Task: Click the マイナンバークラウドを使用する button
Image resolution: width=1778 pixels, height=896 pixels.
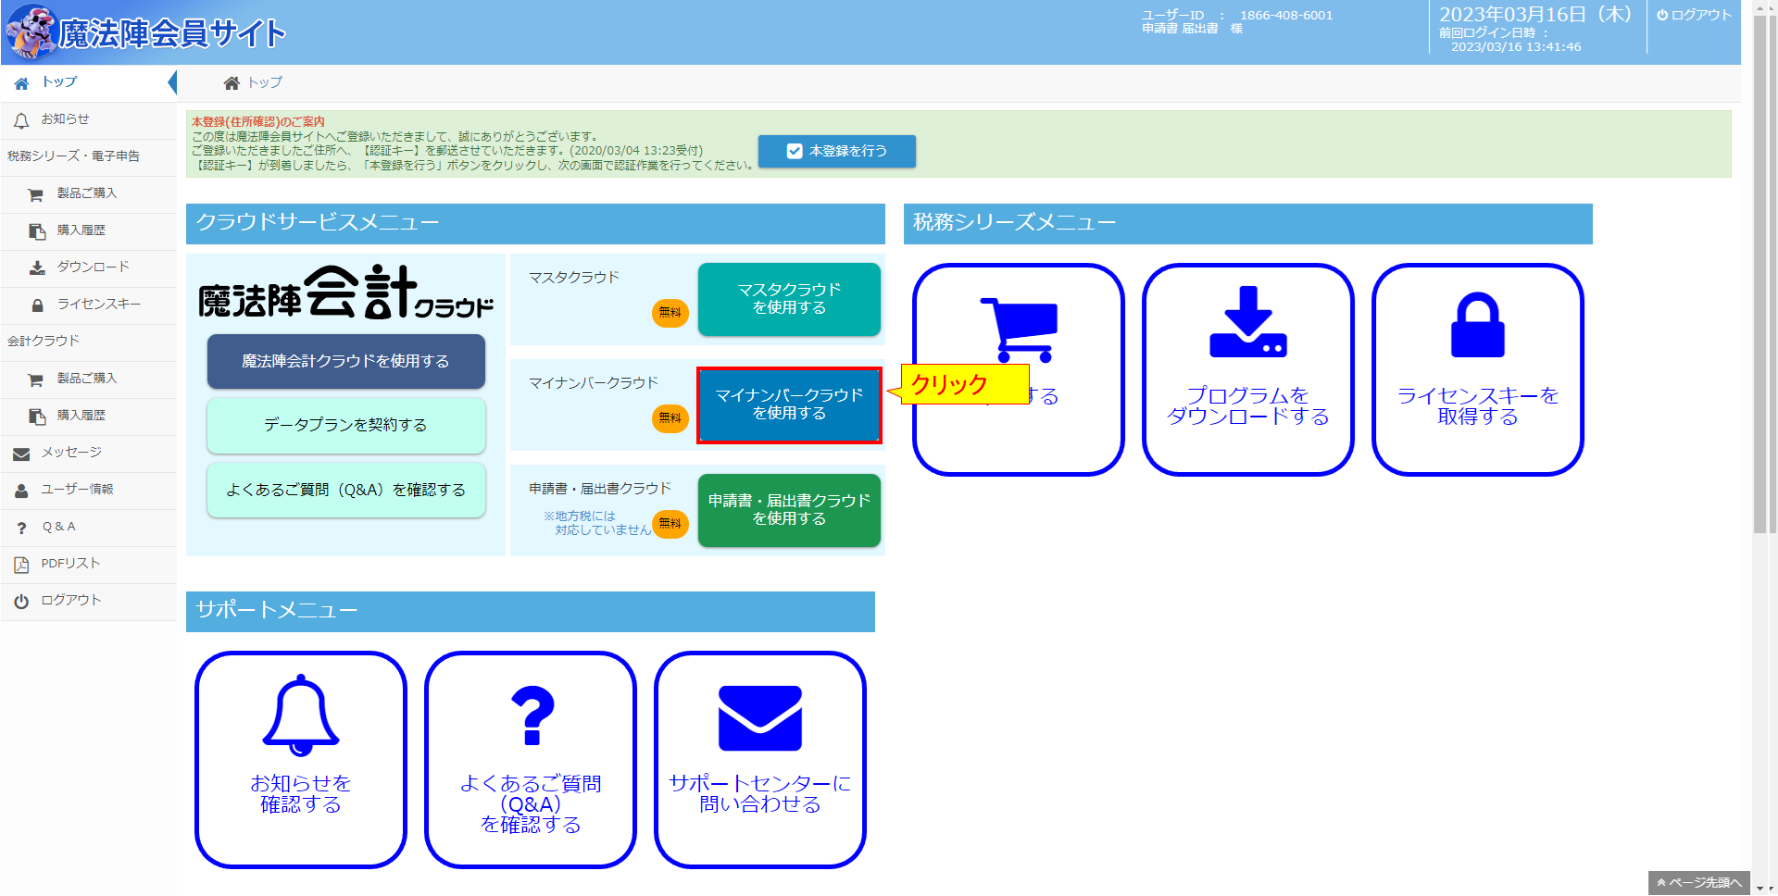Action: pyautogui.click(x=789, y=404)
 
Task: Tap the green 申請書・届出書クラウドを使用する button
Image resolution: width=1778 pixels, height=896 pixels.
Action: pyautogui.click(x=789, y=510)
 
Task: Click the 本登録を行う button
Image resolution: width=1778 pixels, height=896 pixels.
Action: pyautogui.click(x=837, y=151)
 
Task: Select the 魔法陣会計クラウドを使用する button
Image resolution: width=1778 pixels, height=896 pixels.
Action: pyautogui.click(x=345, y=361)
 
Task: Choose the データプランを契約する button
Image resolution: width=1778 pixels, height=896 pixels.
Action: pyautogui.click(x=345, y=425)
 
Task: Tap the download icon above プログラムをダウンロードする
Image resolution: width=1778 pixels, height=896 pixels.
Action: pyautogui.click(x=1247, y=321)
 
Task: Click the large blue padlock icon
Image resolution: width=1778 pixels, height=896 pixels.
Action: pyautogui.click(x=1477, y=325)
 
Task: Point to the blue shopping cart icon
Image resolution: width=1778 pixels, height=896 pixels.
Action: pyautogui.click(x=1020, y=330)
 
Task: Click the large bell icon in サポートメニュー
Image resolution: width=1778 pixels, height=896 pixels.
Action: pyautogui.click(x=301, y=715)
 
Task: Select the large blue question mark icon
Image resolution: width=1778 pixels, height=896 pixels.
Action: pyautogui.click(x=532, y=716)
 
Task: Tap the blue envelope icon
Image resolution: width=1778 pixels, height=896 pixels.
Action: pyautogui.click(x=760, y=718)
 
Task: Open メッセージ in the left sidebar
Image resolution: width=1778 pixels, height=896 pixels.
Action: pyautogui.click(x=71, y=453)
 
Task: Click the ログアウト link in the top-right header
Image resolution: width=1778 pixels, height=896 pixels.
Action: pyautogui.click(x=1694, y=15)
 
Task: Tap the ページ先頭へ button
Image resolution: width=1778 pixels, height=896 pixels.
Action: pyautogui.click(x=1699, y=883)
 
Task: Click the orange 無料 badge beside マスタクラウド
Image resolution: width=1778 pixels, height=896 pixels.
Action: pyautogui.click(x=670, y=313)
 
